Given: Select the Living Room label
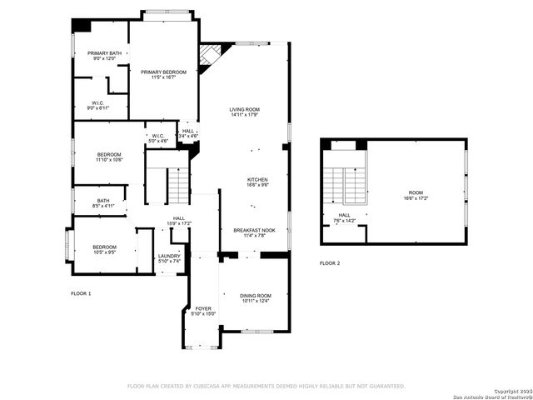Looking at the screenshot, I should tap(246, 112).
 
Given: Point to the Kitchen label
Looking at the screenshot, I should tap(257, 182).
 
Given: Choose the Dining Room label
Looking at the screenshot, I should tap(256, 298).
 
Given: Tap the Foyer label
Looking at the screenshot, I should tap(203, 311).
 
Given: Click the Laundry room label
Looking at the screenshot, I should tap(169, 258).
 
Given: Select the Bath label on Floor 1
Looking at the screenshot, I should tap(102, 202).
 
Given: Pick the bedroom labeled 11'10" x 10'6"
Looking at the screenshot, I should tap(109, 157).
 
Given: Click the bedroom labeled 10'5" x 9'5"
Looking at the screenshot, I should tap(104, 249).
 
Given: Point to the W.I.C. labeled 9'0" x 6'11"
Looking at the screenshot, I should tap(98, 106).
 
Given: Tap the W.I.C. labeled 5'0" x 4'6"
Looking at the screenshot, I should tap(158, 138).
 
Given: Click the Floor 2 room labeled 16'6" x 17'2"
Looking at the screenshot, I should tap(416, 195).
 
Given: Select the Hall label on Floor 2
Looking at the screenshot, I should tap(344, 217).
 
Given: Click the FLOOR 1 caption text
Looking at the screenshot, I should tap(81, 293).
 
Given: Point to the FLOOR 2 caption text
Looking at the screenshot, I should tap(330, 263).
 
